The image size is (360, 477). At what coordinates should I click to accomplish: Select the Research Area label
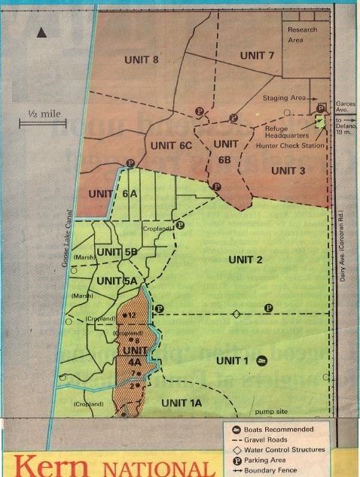pyautogui.click(x=301, y=35)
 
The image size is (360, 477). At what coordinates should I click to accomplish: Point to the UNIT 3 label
pyautogui.click(x=288, y=171)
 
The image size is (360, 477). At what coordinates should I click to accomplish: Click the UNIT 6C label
pyautogui.click(x=171, y=144)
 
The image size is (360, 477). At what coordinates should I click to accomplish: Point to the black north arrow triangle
pyautogui.click(x=41, y=32)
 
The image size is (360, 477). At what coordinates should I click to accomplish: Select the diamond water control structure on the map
pyautogui.click(x=236, y=314)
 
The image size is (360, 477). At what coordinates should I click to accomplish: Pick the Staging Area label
pyautogui.click(x=284, y=98)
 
